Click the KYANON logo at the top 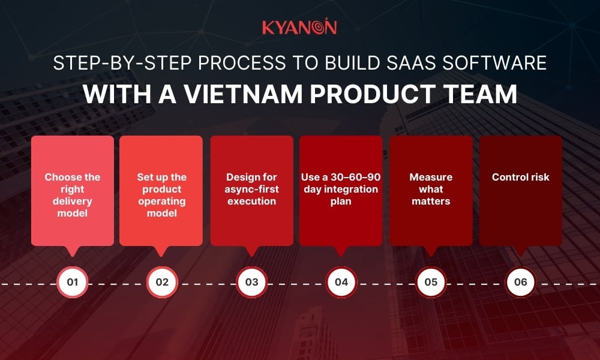299,28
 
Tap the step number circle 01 73,282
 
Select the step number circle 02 162,282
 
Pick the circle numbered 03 252,282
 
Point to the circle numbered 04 341,282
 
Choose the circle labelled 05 431,282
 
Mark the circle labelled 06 520,282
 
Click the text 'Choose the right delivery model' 73,195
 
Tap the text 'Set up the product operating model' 162,195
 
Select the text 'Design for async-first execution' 252,189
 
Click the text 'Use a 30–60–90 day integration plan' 341,189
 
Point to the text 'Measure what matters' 431,189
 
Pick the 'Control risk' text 520,177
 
